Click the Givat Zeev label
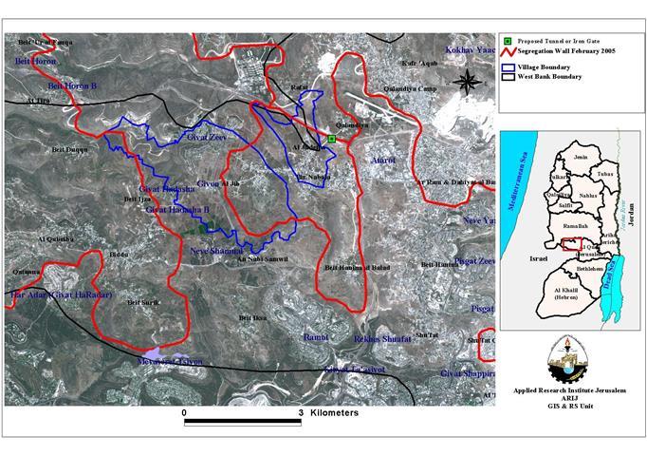point(207,139)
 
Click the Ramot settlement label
point(315,337)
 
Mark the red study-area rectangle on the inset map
point(570,245)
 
